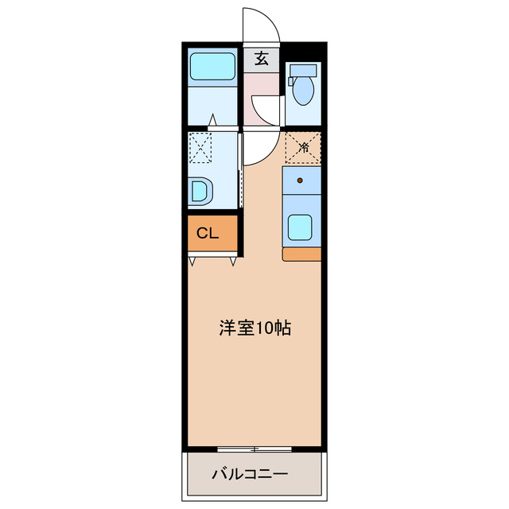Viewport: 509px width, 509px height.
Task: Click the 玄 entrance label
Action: [260, 58]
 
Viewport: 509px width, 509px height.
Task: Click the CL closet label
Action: [208, 234]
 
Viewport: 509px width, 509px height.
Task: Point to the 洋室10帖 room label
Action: [254, 328]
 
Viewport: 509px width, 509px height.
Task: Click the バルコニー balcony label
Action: [249, 475]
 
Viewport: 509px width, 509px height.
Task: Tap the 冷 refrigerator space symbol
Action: [303, 146]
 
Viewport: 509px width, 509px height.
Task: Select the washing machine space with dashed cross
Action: [200, 147]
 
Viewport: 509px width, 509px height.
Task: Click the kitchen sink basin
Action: [301, 227]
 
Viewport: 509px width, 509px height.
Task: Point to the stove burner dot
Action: [300, 181]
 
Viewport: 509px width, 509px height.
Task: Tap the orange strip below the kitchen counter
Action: [301, 254]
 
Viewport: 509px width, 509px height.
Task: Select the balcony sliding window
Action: [254, 449]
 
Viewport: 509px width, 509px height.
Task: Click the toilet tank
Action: [302, 70]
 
